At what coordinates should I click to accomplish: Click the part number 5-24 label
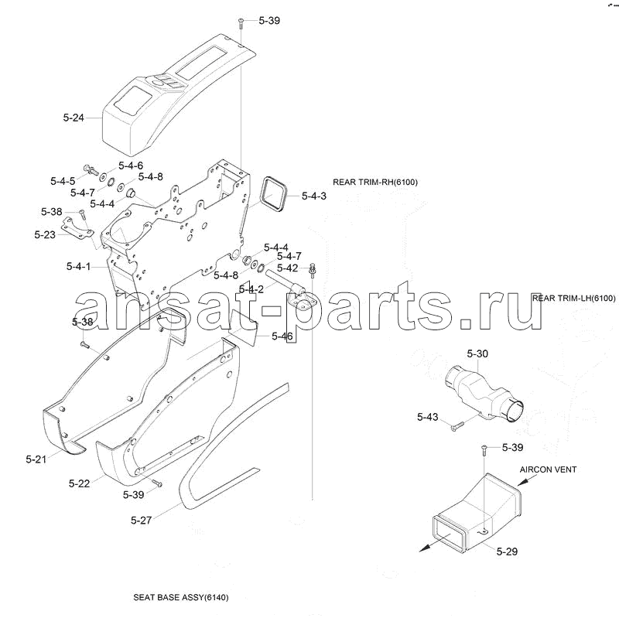[74, 118]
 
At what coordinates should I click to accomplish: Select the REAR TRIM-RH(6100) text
[375, 182]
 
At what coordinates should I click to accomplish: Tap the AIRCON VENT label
[548, 469]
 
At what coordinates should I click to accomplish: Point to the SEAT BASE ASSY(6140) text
[181, 597]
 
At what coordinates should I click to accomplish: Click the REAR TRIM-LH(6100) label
[573, 298]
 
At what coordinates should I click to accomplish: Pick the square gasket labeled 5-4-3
[273, 195]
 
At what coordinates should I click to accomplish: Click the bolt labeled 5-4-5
[91, 170]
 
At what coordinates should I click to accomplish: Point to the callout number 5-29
[507, 551]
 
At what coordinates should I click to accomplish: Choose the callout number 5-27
[141, 520]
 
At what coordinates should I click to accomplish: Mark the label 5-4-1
[79, 266]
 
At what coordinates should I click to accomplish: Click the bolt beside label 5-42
[313, 270]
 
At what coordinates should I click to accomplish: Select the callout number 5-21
[36, 459]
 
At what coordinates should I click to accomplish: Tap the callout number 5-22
[79, 483]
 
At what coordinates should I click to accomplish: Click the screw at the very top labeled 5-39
[241, 23]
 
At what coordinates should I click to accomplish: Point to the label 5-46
[282, 336]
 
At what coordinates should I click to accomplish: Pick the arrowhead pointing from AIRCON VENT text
[522, 482]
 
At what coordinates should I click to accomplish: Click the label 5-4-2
[251, 289]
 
